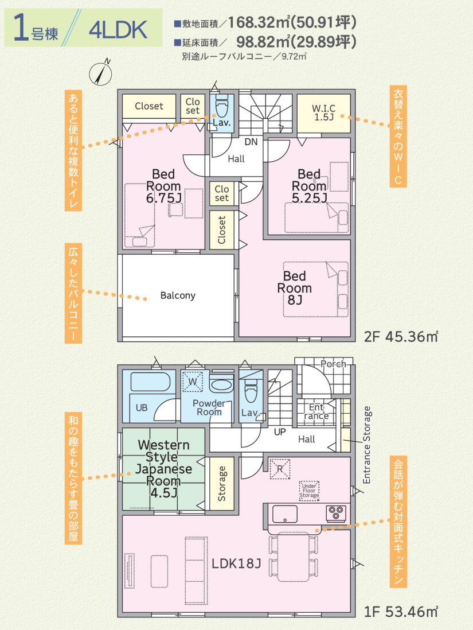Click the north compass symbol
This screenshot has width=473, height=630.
pyautogui.click(x=101, y=72)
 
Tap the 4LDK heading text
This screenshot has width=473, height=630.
pyautogui.click(x=118, y=29)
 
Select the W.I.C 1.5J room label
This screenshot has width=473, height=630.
pyautogui.click(x=323, y=113)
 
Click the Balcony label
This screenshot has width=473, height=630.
pyautogui.click(x=178, y=295)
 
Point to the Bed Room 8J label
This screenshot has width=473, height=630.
pyautogui.click(x=294, y=288)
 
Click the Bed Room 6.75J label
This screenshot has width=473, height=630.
pyautogui.click(x=163, y=186)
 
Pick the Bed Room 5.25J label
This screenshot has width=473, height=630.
pyautogui.click(x=309, y=186)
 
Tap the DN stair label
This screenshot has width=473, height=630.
pyautogui.click(x=251, y=142)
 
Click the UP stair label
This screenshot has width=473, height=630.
pyautogui.click(x=280, y=432)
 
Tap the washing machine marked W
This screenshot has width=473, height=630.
pyautogui.click(x=193, y=382)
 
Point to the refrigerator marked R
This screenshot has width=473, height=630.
pyautogui.click(x=280, y=469)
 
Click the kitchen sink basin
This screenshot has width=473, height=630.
pyautogui.click(x=285, y=514)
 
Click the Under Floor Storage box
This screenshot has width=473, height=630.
pyautogui.click(x=309, y=491)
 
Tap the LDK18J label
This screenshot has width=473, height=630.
pyautogui.click(x=236, y=563)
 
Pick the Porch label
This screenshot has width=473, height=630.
pyautogui.click(x=333, y=364)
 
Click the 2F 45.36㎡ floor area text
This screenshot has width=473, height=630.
pyautogui.click(x=401, y=337)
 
